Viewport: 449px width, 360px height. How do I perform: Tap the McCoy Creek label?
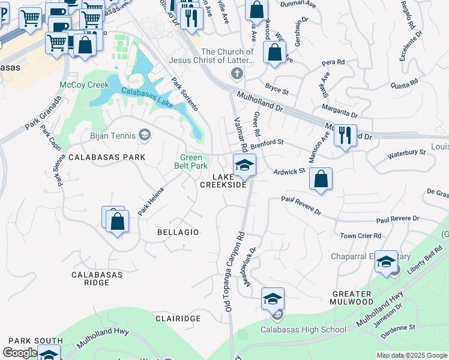pos(84,85)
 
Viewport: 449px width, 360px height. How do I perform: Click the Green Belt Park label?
pos(191,162)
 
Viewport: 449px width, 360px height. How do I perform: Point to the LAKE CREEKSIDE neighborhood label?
pos(223,181)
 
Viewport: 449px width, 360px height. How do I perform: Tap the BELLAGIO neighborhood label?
pos(177,232)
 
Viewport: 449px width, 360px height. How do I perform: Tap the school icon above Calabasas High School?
pos(273,299)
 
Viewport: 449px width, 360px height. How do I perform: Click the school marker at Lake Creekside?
pos(244,166)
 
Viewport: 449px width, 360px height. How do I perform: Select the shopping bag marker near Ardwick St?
pos(321,179)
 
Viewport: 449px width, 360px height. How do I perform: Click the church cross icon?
pos(237,73)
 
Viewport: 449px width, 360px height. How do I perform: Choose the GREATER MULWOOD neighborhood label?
pos(352,298)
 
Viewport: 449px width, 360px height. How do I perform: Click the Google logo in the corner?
pos(20,353)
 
